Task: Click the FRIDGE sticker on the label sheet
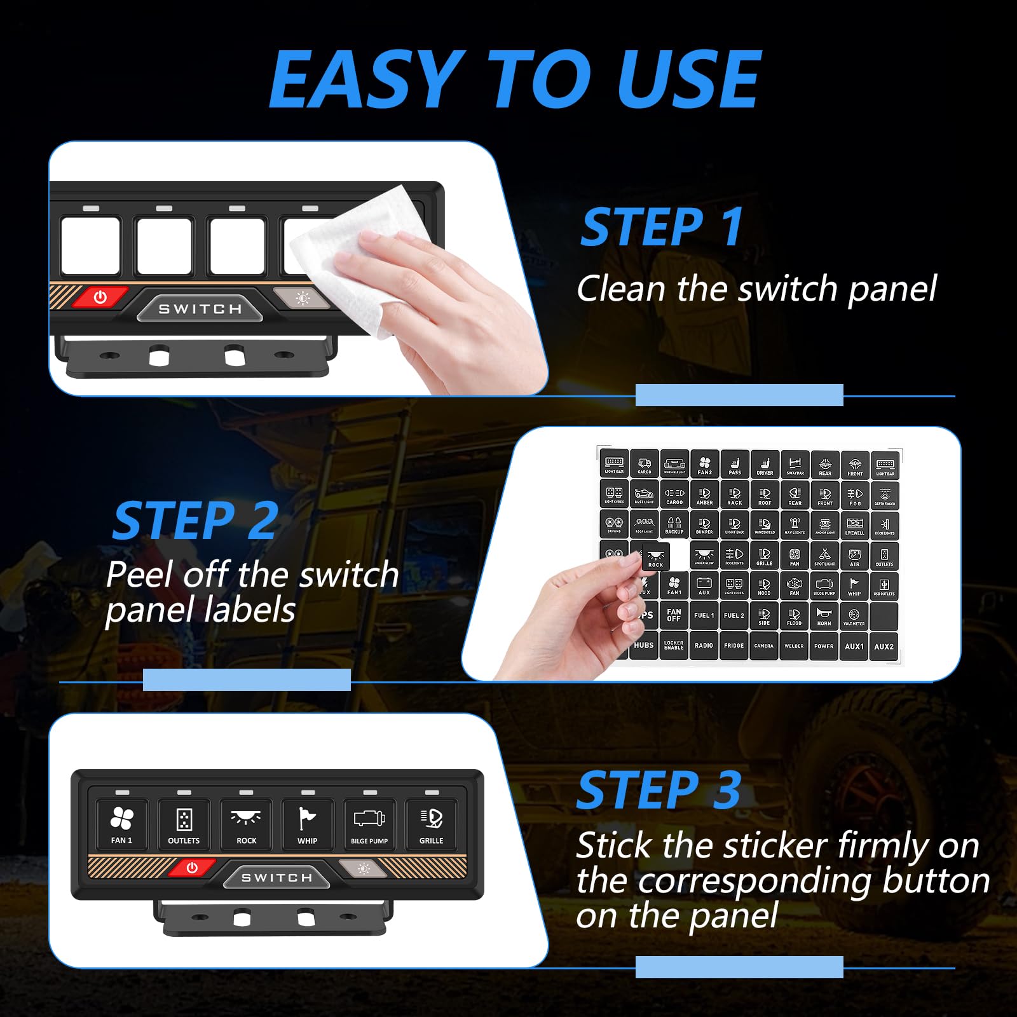click(734, 645)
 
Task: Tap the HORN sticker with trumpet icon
click(824, 616)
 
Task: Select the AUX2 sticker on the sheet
click(884, 646)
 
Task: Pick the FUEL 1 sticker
click(704, 615)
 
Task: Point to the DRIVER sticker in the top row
click(765, 465)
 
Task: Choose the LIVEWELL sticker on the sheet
click(854, 526)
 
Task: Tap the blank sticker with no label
click(884, 616)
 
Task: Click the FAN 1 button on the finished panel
click(121, 824)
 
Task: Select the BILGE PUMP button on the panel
click(369, 824)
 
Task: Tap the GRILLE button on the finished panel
click(431, 824)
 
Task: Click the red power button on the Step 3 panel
click(192, 868)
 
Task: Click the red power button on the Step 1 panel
click(100, 297)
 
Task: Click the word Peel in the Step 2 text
click(139, 575)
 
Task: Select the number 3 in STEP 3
click(727, 790)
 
